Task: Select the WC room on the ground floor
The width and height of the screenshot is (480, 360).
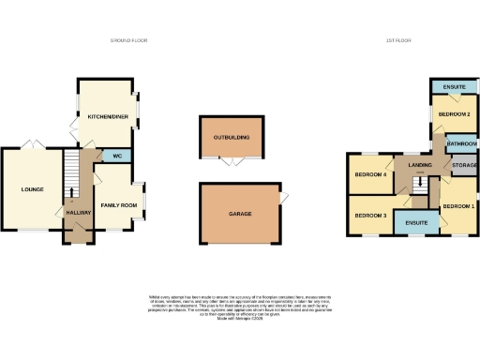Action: (117, 155)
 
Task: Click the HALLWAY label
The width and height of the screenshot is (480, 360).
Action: (80, 214)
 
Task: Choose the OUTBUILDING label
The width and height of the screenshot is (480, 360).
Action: (232, 138)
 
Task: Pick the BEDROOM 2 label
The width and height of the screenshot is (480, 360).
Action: (454, 114)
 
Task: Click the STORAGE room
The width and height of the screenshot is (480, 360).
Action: (464, 166)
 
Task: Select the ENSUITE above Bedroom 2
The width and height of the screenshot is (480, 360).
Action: (456, 87)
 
